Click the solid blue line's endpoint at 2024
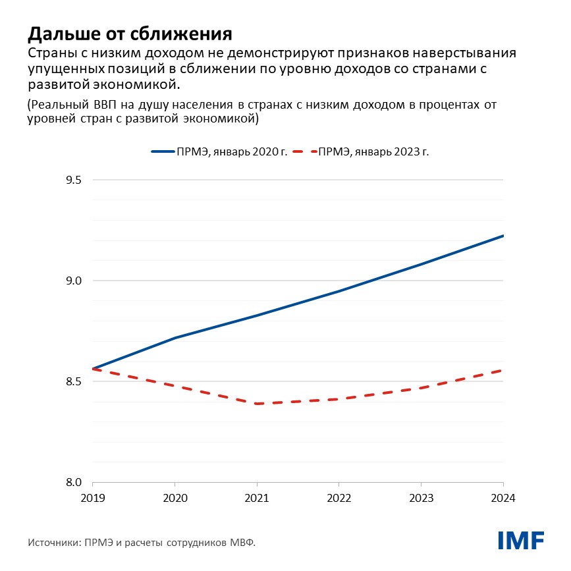tap(503, 235)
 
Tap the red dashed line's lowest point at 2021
tap(257, 404)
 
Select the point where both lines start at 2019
tap(93, 369)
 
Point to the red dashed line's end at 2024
tap(503, 370)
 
